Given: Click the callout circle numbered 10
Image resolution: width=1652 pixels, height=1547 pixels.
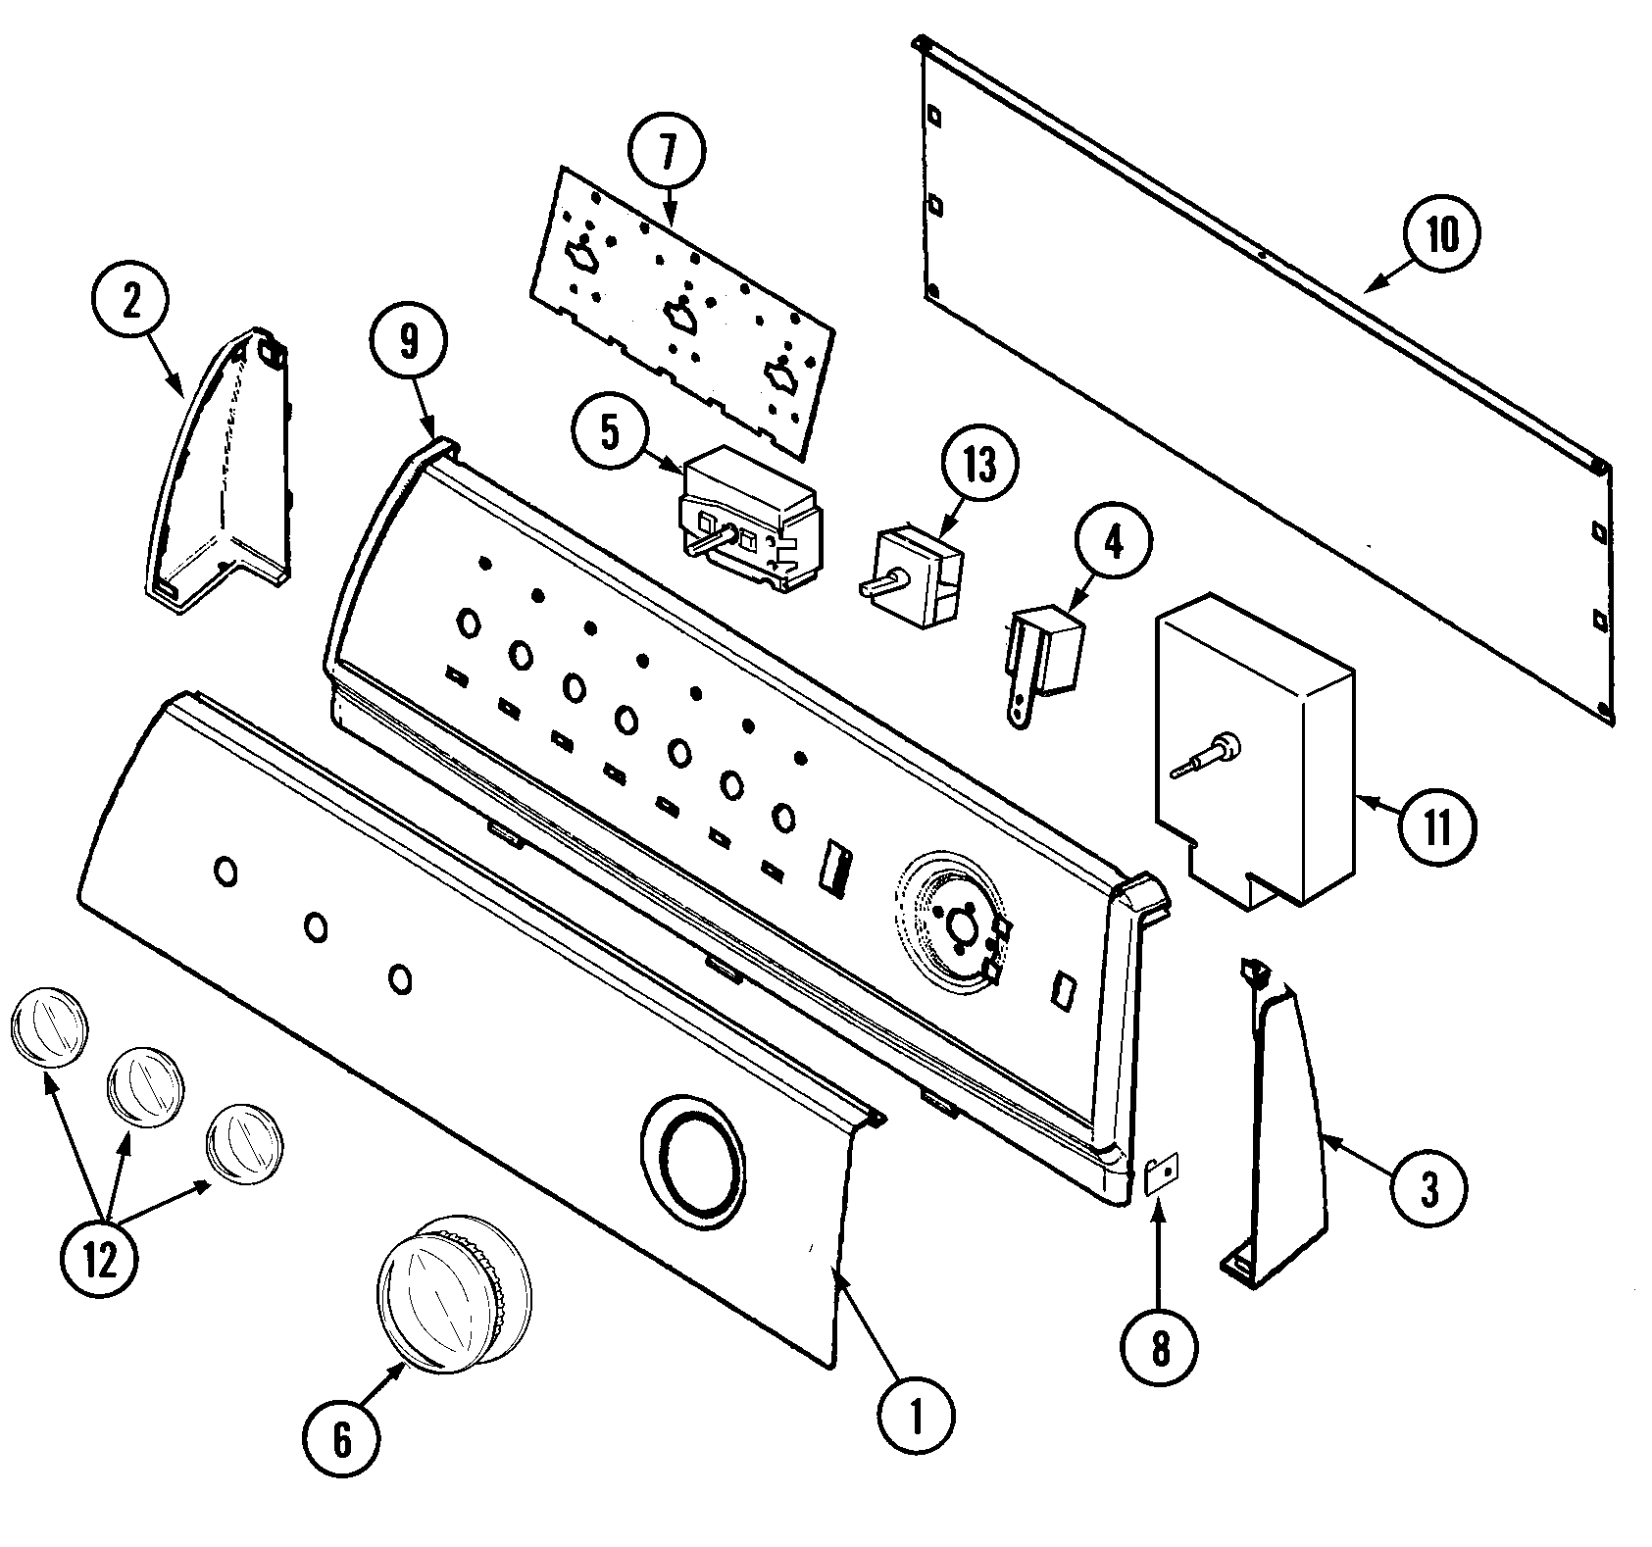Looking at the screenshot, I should (x=1440, y=235).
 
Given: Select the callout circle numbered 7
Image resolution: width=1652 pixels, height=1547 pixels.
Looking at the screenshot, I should (x=667, y=152).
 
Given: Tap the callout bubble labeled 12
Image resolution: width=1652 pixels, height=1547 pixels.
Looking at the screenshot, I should (x=100, y=1260).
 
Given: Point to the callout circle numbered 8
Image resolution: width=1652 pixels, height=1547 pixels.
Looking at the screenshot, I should (x=1160, y=1350).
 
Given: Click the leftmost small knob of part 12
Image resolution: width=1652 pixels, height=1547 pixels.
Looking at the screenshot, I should (x=48, y=1024).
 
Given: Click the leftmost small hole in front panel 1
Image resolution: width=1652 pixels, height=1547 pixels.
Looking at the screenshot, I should (x=225, y=872).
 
